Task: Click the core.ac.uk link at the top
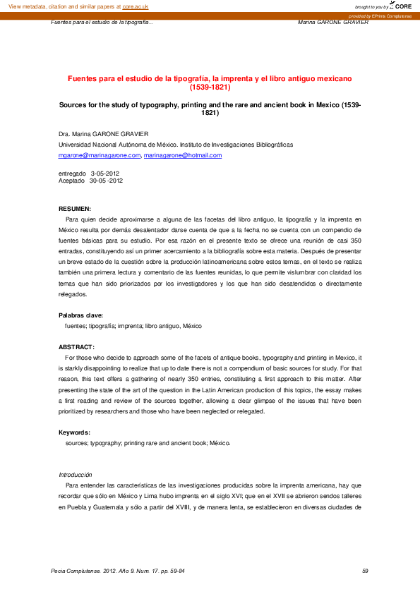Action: (x=136, y=6)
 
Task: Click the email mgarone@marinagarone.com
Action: (x=100, y=155)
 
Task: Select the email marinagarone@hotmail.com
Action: (x=183, y=155)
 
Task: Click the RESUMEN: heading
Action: (x=74, y=210)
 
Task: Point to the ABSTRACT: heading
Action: (x=76, y=347)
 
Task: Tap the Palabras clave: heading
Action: (x=80, y=315)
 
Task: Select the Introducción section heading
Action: (x=76, y=475)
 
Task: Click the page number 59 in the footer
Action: (x=364, y=571)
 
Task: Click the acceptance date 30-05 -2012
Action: (x=106, y=181)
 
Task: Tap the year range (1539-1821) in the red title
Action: (x=210, y=88)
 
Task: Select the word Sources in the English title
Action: (x=75, y=104)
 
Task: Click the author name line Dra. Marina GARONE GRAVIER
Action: (x=103, y=133)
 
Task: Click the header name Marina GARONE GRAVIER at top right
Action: (x=333, y=22)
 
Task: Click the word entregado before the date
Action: (x=72, y=174)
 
